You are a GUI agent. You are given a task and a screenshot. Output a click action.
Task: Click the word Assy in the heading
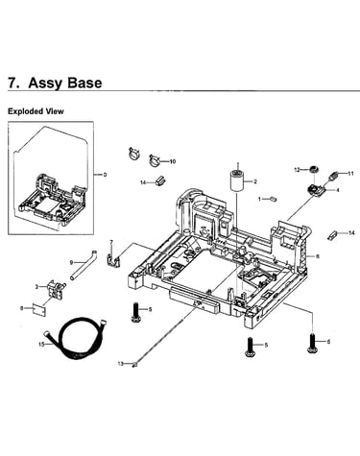44,83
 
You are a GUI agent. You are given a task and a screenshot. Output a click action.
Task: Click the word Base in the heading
84,83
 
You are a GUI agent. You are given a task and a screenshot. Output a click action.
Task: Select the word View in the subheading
56,111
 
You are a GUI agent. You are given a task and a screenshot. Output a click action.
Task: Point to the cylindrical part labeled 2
237,181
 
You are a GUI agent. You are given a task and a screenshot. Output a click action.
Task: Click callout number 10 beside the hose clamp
173,161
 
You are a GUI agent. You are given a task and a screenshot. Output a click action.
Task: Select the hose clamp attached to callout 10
155,160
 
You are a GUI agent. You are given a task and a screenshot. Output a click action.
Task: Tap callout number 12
298,170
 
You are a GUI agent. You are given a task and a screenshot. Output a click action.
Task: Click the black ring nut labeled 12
312,170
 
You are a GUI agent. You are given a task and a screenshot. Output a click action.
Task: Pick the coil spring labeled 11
334,176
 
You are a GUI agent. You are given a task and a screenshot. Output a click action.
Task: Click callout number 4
337,190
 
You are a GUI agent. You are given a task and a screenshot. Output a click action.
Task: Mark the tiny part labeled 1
274,200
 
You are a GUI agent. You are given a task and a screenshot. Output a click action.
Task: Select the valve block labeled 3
56,288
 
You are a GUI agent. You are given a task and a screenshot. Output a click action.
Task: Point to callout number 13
120,364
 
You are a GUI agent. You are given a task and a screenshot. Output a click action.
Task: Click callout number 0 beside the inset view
105,175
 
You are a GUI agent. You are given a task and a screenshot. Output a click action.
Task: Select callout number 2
255,181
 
